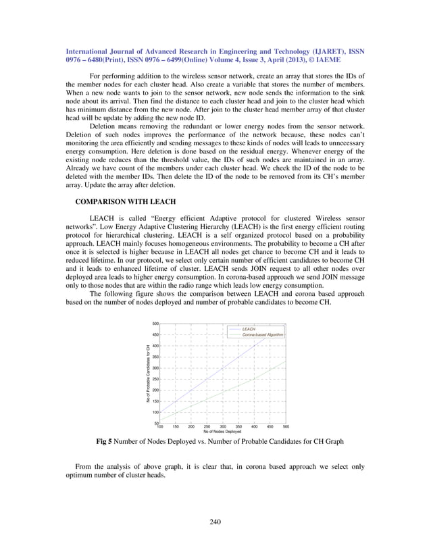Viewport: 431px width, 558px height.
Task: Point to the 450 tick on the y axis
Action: (x=155, y=334)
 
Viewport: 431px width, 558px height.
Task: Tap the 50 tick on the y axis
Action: (x=156, y=423)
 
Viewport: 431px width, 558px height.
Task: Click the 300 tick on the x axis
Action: (x=223, y=427)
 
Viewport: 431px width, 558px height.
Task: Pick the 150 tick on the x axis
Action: (x=176, y=427)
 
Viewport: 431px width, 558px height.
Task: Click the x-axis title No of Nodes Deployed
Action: (x=222, y=432)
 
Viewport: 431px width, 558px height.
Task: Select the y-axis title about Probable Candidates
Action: (x=148, y=374)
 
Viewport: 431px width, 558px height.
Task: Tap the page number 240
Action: (x=215, y=521)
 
